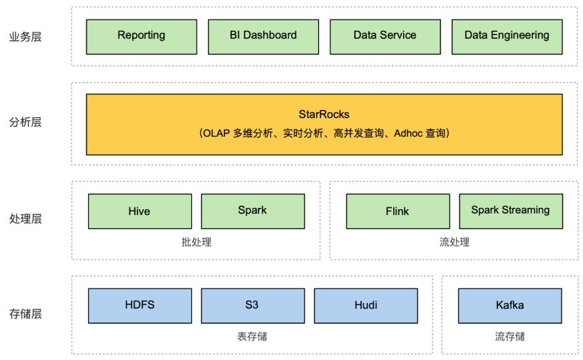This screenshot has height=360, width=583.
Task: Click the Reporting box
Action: tap(141, 37)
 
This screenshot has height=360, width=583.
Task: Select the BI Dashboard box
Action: tap(263, 37)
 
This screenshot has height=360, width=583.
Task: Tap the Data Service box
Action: tap(385, 37)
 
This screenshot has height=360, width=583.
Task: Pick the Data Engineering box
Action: tap(507, 37)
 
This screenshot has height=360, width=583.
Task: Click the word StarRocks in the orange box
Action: tap(324, 114)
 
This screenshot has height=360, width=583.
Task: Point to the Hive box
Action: tap(140, 211)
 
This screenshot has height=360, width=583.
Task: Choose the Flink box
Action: tap(398, 211)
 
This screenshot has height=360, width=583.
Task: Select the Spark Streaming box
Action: tap(511, 211)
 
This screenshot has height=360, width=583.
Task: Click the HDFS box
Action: tap(140, 306)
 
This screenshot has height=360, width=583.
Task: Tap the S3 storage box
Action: tap(253, 306)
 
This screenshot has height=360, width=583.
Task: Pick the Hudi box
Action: tap(366, 306)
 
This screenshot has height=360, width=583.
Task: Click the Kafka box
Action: tap(510, 306)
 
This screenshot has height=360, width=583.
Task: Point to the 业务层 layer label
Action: tap(25, 37)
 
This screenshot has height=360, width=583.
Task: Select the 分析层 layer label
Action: tap(25, 122)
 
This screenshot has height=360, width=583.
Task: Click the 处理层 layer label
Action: tap(25, 218)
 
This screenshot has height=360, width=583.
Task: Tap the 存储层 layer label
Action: tap(25, 313)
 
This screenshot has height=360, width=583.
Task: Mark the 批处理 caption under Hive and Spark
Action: tap(196, 242)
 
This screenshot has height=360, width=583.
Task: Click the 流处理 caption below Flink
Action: tap(454, 242)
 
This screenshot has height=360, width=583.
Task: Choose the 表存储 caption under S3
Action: tap(252, 337)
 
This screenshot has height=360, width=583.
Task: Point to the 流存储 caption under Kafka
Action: tap(510, 337)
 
